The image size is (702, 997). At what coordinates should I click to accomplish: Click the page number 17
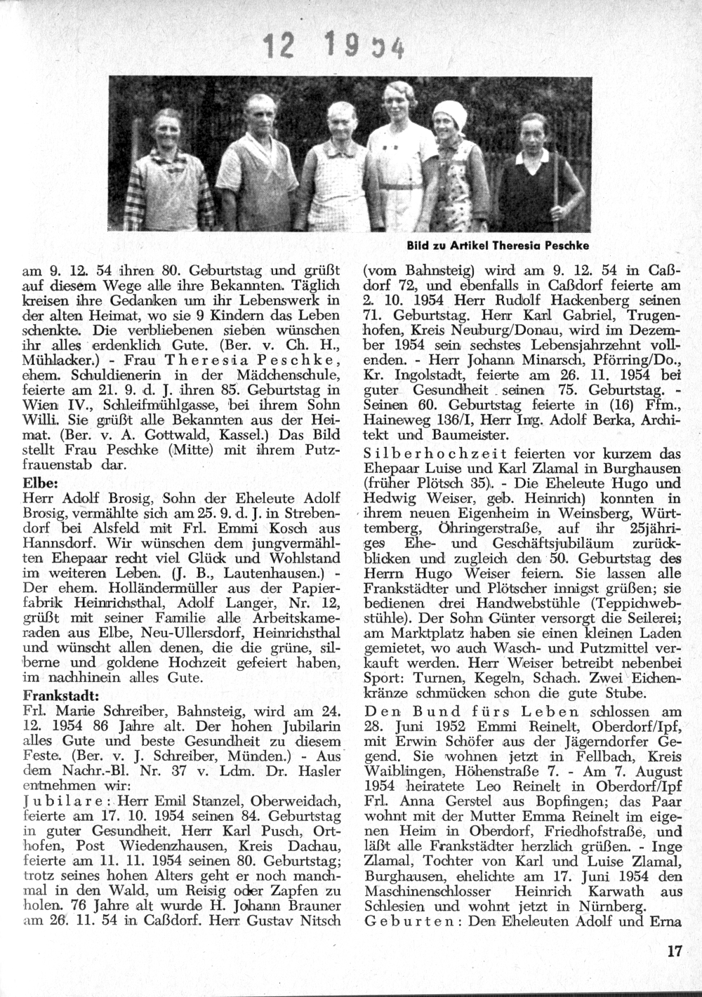(675, 951)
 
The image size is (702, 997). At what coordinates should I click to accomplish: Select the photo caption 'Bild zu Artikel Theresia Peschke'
(497, 246)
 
